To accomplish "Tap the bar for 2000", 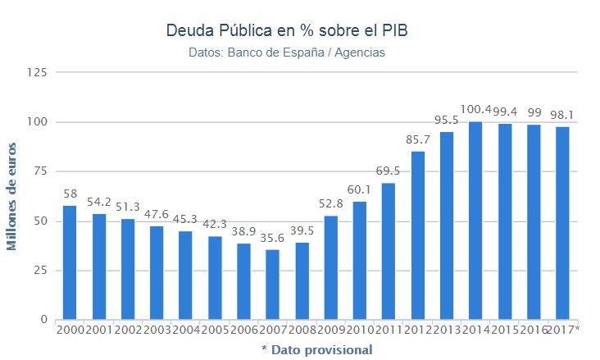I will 70,262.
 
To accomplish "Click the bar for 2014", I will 475,221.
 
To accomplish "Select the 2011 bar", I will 389,251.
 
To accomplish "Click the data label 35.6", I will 272,239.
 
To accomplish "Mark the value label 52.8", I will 330,204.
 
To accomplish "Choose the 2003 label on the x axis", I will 157,330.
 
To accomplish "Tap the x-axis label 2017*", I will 564,330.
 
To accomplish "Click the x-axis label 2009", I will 330,330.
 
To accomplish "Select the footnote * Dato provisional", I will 316,349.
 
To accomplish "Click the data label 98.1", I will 563,115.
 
